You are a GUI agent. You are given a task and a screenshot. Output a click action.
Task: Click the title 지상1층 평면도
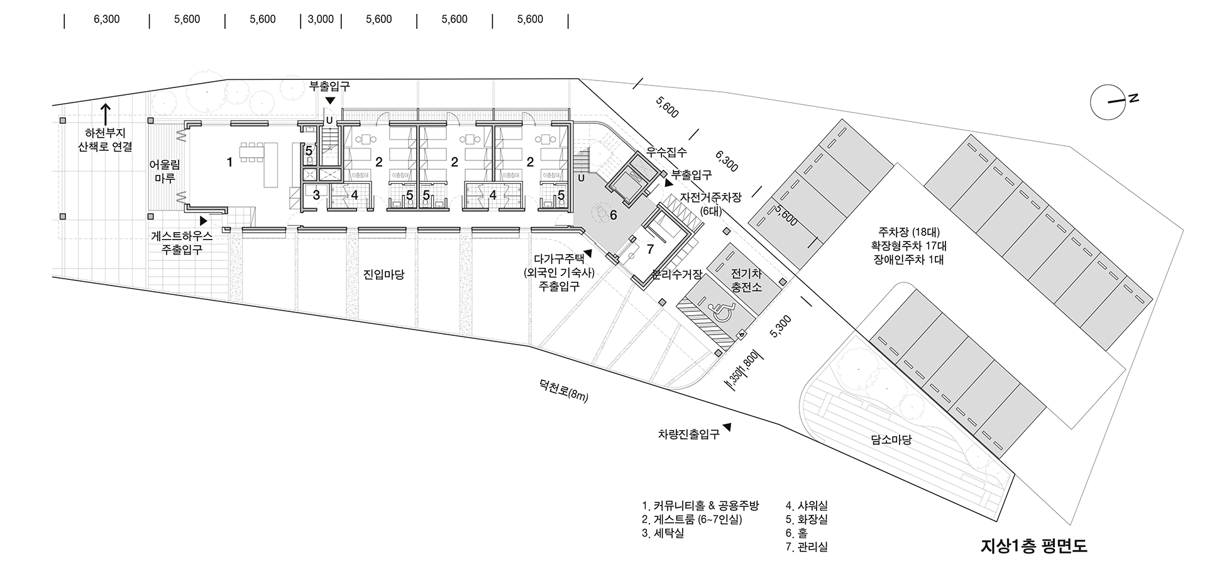1033,545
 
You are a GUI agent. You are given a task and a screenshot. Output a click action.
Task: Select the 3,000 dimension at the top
321,19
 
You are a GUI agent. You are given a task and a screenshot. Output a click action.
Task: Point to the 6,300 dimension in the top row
106,19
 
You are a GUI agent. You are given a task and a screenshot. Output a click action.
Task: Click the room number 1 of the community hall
230,162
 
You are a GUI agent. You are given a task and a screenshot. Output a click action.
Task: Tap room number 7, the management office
650,250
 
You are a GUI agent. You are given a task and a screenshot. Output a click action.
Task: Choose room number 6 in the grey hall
614,214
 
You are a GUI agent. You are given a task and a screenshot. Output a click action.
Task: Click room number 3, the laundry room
316,195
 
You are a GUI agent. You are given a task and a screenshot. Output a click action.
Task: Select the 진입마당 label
383,275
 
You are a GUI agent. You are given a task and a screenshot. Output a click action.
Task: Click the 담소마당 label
891,440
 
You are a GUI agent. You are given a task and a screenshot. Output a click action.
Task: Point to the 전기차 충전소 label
746,280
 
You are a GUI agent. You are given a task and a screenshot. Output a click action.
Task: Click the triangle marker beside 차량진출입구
727,427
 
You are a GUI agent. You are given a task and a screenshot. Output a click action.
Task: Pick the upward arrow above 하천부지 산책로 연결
106,114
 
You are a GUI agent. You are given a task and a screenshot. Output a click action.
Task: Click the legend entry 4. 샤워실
807,506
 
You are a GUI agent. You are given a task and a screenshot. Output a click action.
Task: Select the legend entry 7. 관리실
807,547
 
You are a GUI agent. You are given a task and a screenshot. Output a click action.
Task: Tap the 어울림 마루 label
164,172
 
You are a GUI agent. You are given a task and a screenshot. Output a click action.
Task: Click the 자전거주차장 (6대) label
711,204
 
